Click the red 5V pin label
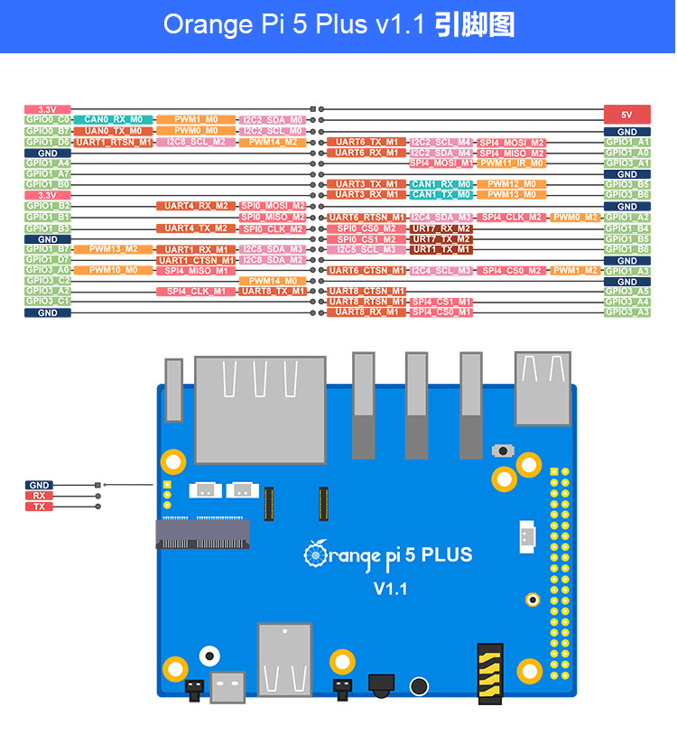[x=626, y=115]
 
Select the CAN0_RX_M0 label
[x=113, y=119]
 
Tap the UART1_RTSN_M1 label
[x=113, y=142]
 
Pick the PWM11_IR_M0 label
[x=512, y=163]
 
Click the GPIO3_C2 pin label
[x=48, y=280]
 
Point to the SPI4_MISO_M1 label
[x=195, y=270]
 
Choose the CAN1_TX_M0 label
[x=441, y=194]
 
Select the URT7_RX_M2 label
[x=441, y=228]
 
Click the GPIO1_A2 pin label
[x=626, y=218]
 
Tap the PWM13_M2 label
[x=113, y=249]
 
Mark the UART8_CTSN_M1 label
[x=366, y=291]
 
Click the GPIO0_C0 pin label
[x=48, y=119]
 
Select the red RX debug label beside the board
[x=38, y=496]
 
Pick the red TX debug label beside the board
[x=38, y=507]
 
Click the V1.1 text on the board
[x=391, y=589]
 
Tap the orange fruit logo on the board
[x=315, y=552]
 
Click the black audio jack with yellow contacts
[x=489, y=673]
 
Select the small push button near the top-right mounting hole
[x=499, y=450]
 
